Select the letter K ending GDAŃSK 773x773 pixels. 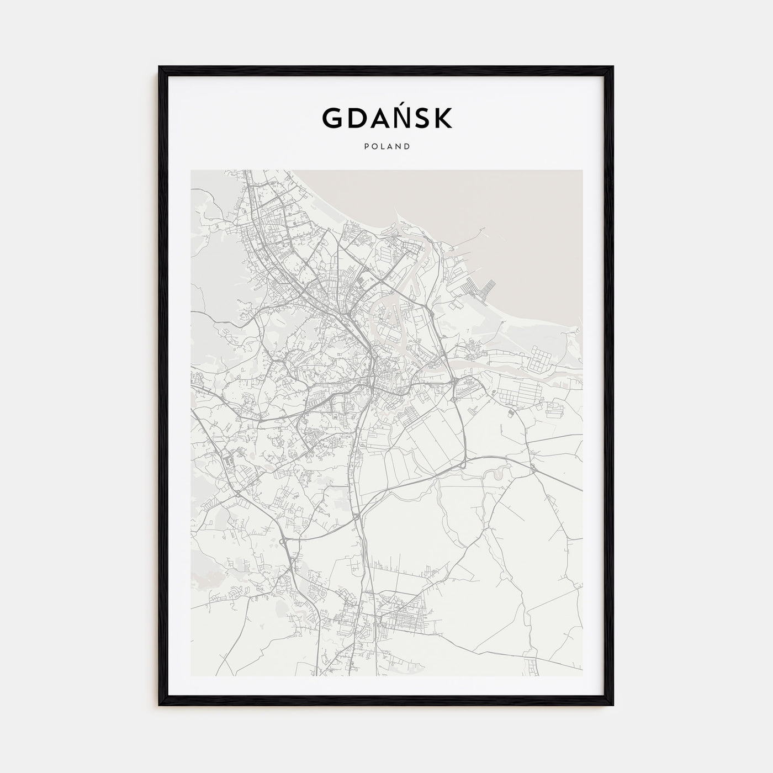[442, 118]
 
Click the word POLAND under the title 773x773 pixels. [386, 147]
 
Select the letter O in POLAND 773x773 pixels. [373, 147]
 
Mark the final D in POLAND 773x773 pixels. [407, 147]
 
